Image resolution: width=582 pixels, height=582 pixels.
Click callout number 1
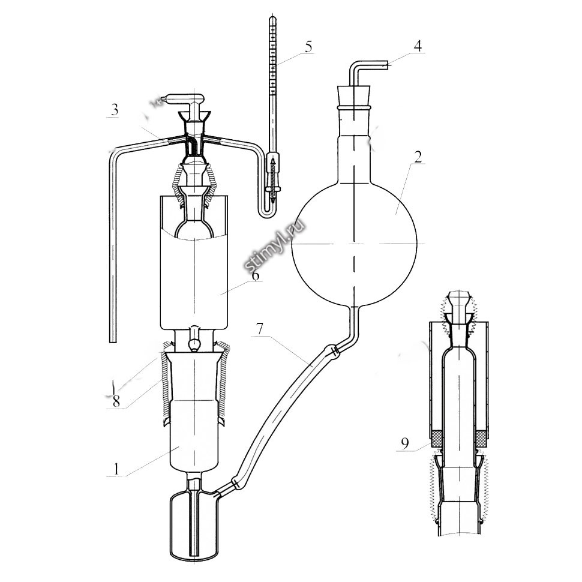(116, 469)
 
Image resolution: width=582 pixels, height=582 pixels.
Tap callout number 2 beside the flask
(418, 157)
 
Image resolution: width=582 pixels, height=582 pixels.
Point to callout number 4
(418, 46)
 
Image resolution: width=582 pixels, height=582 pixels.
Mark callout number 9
(404, 443)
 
